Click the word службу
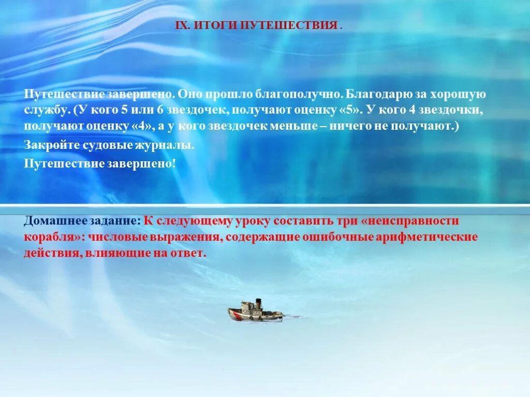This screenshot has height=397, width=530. (x=46, y=110)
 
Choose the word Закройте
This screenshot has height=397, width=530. (x=51, y=145)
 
